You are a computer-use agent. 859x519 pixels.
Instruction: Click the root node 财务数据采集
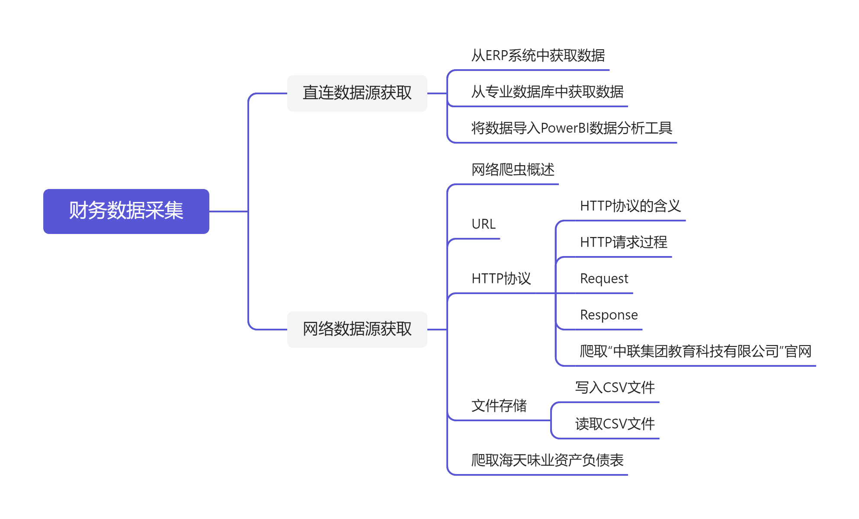pos(126,211)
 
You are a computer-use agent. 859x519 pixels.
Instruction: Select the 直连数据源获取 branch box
pos(357,93)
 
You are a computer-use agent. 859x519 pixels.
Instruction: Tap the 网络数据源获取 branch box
pos(357,329)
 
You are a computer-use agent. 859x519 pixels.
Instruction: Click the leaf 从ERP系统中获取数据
pos(538,56)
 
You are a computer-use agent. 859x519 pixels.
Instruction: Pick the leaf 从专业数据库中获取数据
pos(547,92)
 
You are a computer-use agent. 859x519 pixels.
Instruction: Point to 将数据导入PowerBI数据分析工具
pos(571,128)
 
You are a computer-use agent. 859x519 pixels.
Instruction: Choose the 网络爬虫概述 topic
pos(513,170)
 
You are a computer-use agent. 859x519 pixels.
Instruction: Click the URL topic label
pos(483,224)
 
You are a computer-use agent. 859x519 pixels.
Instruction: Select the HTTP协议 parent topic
pos(501,279)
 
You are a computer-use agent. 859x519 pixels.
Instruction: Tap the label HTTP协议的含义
pos(630,206)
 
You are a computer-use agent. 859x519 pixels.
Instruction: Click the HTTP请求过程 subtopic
pos(623,242)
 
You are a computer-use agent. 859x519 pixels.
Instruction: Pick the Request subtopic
pos(604,279)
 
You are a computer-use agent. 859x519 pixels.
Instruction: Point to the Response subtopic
pos(609,315)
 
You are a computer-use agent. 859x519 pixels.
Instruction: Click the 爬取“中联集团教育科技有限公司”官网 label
pos(695,351)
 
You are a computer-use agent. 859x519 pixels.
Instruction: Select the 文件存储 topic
pos(499,406)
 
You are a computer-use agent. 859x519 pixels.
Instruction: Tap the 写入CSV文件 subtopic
pos(615,388)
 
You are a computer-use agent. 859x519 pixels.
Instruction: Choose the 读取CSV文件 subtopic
pos(615,424)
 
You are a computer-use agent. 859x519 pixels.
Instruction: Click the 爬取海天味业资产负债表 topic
pos(547,460)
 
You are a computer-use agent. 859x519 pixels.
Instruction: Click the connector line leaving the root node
pos(228,211)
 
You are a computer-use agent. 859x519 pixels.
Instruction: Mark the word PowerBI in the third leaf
pos(564,128)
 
